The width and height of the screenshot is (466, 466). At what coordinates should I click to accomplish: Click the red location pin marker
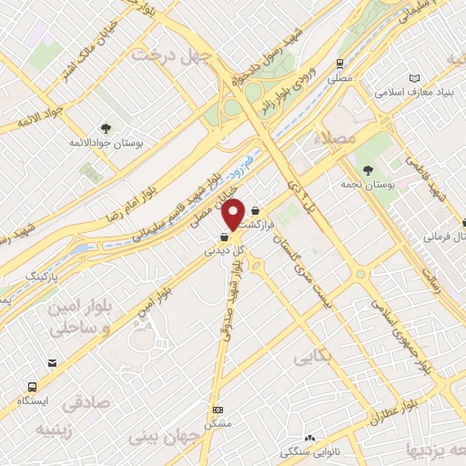(234, 214)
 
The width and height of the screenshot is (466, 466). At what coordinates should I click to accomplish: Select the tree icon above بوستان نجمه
(369, 169)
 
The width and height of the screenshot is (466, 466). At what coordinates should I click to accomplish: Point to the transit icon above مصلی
(339, 64)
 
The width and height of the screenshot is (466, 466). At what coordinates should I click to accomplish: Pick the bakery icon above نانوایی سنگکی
(310, 439)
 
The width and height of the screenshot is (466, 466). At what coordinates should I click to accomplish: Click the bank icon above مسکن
(217, 410)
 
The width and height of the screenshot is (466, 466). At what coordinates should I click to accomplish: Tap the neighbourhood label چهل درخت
(172, 55)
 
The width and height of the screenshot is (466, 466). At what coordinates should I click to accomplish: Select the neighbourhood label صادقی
(87, 400)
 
